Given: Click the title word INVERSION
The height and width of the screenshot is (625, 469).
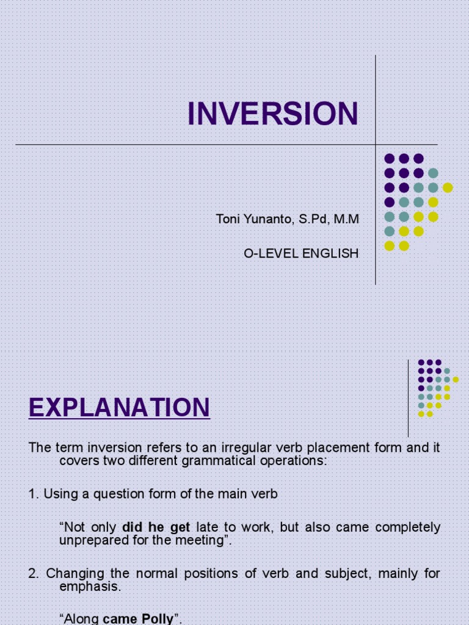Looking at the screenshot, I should (272, 114).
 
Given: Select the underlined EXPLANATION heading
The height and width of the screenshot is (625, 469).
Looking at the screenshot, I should (119, 407).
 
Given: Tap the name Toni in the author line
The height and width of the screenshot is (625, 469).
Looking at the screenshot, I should (227, 219).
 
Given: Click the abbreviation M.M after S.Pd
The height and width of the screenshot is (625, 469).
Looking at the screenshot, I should (345, 219).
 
